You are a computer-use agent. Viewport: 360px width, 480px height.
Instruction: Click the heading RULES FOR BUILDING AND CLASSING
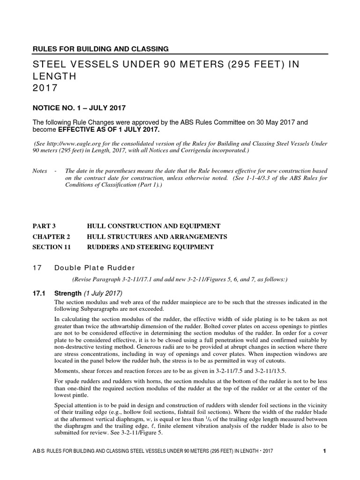tap(100, 48)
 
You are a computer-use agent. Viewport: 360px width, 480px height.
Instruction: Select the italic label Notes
tap(39, 171)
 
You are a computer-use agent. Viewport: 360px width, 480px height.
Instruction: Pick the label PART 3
tap(46, 226)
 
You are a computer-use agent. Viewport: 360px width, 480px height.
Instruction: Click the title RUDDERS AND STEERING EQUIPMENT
tap(150, 247)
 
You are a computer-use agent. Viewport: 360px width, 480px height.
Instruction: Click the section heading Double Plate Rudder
tap(94, 268)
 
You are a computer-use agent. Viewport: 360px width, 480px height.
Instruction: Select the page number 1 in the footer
tap(324, 451)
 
